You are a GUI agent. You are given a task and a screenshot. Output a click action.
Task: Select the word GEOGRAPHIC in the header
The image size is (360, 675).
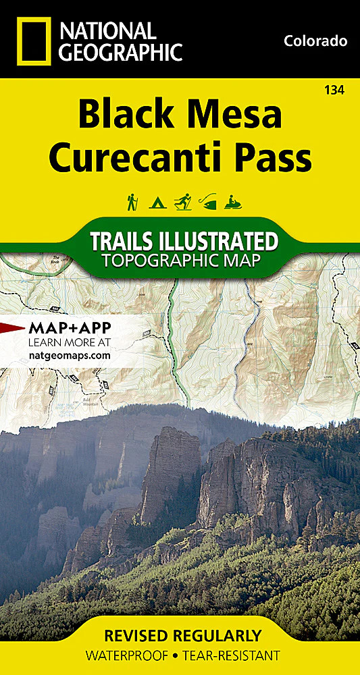pos(120,51)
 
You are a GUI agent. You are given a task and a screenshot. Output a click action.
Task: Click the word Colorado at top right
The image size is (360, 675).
pos(315,41)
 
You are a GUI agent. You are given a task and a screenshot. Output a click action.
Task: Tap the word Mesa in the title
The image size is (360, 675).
pos(236,115)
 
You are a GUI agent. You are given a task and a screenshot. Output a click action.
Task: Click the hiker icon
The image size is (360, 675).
pos(132,201)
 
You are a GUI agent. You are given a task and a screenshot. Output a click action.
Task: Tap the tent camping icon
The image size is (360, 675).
pos(157,201)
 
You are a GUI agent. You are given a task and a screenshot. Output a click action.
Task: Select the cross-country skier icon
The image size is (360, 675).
pos(182,201)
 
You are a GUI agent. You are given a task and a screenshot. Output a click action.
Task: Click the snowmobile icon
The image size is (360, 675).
pos(233,201)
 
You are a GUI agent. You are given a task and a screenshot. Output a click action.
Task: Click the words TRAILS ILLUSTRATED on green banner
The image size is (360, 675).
pos(184,242)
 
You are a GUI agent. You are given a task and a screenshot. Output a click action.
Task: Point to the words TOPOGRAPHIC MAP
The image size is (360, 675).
pos(184,260)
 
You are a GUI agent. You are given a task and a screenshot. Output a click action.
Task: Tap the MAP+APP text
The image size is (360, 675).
pos(70,329)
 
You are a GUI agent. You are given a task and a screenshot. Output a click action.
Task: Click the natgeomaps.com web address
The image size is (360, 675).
pos(70,355)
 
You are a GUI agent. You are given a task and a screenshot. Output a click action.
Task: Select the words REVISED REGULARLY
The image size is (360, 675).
pos(180,636)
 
